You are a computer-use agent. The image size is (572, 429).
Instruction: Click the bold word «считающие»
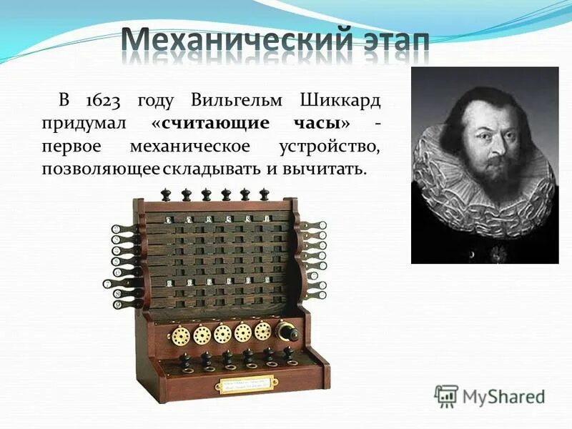214,123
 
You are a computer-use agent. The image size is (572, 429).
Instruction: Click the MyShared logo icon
447,396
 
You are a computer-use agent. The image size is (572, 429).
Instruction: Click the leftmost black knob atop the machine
167,194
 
